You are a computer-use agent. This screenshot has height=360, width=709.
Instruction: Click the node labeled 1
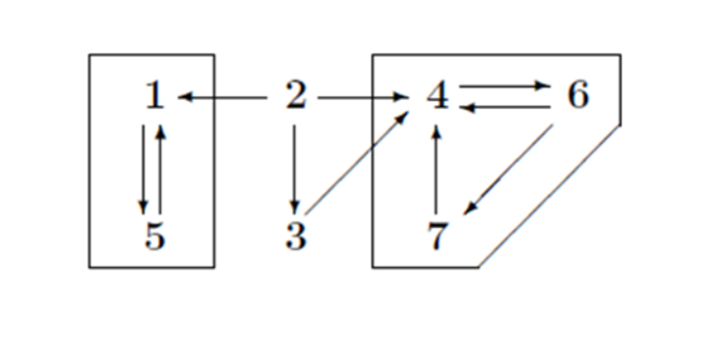tap(155, 95)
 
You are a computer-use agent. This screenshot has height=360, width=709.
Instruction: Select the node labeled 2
tap(295, 95)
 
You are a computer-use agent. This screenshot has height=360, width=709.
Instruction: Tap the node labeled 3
tap(295, 236)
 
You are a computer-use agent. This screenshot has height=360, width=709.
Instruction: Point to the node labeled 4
tap(438, 95)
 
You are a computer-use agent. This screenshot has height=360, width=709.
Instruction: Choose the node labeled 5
tap(155, 236)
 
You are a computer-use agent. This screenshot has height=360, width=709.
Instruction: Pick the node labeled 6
tap(578, 95)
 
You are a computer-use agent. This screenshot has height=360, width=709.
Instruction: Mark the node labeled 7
tap(438, 236)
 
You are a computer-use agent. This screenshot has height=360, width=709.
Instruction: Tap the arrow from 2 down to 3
tap(295, 168)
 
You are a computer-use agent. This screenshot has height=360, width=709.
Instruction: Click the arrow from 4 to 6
tap(505, 86)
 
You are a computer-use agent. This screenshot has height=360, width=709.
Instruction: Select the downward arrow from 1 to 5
tap(143, 168)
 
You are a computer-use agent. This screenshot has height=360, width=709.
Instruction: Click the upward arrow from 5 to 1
tap(160, 168)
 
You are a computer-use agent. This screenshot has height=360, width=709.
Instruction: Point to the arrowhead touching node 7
tap(469, 210)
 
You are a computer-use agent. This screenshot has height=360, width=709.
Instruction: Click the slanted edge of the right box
tap(550, 195)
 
